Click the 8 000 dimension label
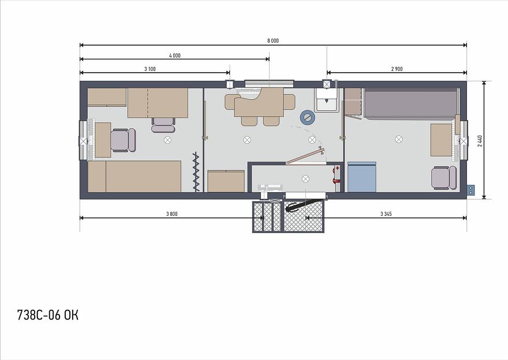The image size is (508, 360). [x=273, y=41]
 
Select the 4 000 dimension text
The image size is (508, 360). [x=174, y=56]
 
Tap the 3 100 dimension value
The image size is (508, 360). [x=150, y=69]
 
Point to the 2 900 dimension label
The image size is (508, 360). [x=397, y=69]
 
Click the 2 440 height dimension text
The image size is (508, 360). [x=480, y=141]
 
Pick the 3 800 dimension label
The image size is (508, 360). [x=171, y=214]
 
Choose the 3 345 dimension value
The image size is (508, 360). [x=386, y=214]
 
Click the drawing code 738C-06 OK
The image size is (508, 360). [x=47, y=315]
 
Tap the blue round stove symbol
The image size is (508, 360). [x=308, y=118]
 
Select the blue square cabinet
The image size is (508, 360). [x=362, y=177]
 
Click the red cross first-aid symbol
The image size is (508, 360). [x=337, y=168]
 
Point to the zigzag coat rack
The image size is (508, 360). [x=196, y=171]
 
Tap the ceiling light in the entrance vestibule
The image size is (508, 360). [x=305, y=179]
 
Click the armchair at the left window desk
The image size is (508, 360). [x=123, y=140]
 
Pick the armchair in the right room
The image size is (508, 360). [x=444, y=178]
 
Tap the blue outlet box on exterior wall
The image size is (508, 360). [x=470, y=190]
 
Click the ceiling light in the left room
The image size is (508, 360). [x=167, y=140]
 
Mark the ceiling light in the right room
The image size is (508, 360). [x=399, y=139]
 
